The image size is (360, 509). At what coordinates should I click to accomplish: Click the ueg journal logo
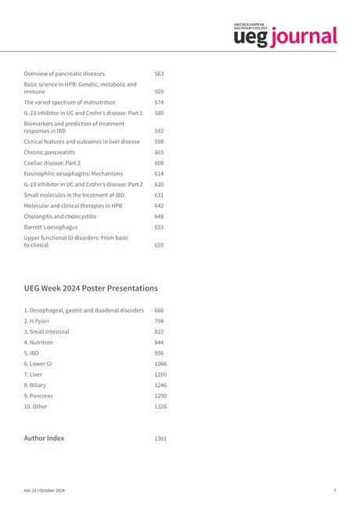(x=285, y=35)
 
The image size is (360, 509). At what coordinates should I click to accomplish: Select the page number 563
(x=159, y=74)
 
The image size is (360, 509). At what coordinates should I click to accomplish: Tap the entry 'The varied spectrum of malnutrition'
(x=70, y=102)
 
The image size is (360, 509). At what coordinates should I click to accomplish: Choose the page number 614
(x=159, y=174)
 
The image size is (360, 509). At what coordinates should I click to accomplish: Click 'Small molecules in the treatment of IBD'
(x=74, y=194)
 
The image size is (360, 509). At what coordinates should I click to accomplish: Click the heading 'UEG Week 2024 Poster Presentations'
(x=91, y=288)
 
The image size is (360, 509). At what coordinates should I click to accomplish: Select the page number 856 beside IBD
(x=159, y=353)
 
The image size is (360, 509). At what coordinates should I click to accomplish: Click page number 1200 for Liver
(x=160, y=374)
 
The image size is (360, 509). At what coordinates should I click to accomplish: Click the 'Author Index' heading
(x=44, y=439)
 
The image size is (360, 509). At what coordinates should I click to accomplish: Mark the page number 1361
(x=160, y=439)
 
